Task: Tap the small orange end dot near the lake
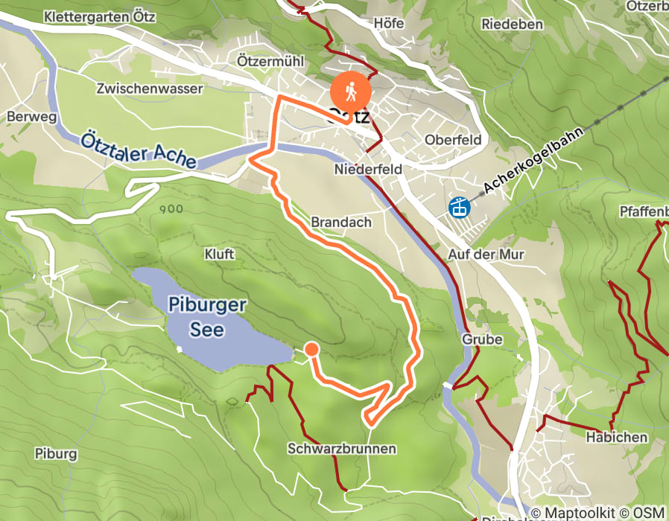click(311, 349)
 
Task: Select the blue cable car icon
click(459, 205)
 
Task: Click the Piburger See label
click(207, 316)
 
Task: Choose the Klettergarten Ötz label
click(100, 16)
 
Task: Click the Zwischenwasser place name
click(149, 89)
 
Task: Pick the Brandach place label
click(340, 223)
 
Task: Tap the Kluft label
click(219, 255)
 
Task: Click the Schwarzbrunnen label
click(341, 449)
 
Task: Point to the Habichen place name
click(616, 437)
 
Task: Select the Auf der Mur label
click(486, 255)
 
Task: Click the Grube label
click(482, 339)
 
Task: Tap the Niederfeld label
click(368, 170)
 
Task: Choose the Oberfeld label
click(452, 140)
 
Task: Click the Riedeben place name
click(512, 24)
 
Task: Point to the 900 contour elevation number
click(171, 209)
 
